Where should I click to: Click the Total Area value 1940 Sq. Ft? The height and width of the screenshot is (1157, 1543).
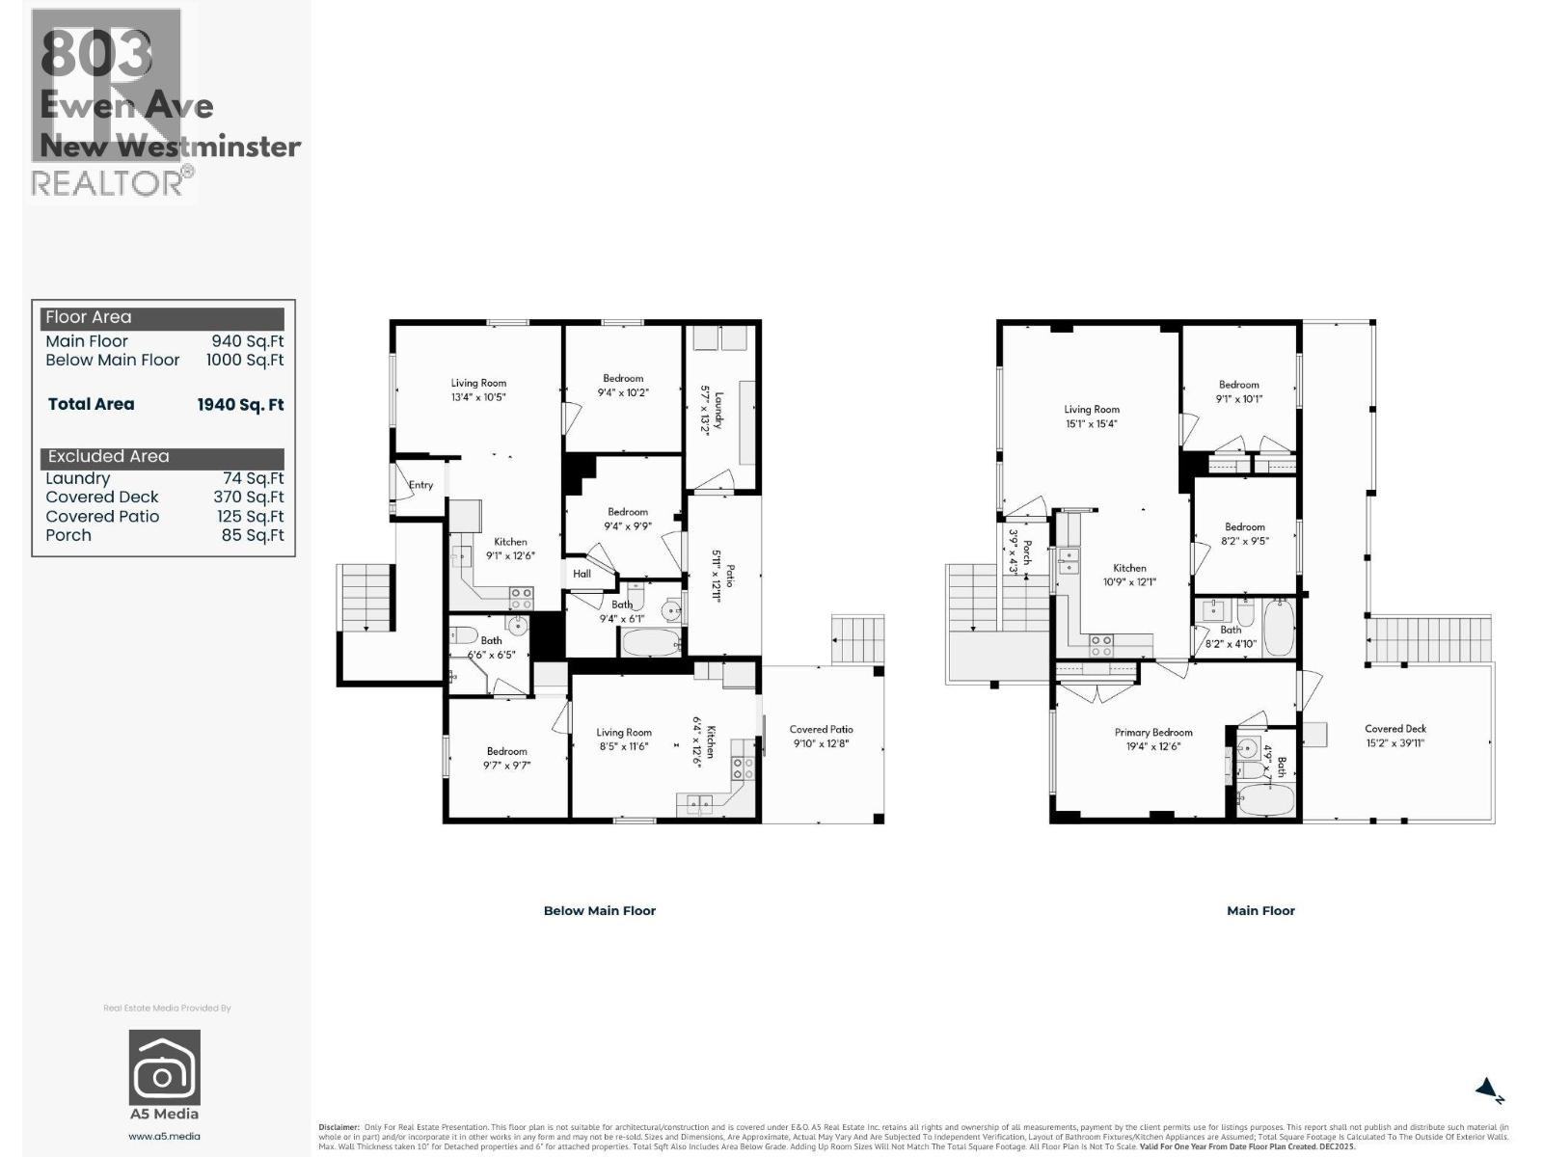(x=240, y=405)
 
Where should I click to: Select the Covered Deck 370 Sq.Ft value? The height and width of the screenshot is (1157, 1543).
(x=249, y=498)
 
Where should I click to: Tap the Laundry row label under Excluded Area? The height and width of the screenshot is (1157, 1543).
(x=78, y=478)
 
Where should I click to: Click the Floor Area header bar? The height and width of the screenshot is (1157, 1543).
(x=162, y=317)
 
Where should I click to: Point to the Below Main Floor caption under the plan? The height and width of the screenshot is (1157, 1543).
(x=599, y=910)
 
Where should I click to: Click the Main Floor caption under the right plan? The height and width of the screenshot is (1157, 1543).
(x=1260, y=910)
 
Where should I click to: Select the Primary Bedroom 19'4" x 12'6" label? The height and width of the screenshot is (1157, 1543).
(x=1153, y=740)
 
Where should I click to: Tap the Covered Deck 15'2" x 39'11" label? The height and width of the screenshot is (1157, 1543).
(x=1394, y=736)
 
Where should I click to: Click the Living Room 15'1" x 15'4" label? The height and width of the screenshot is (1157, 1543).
(x=1092, y=417)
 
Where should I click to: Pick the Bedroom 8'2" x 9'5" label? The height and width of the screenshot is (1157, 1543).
(x=1244, y=534)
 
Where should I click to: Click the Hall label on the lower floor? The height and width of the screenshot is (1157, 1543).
(x=582, y=574)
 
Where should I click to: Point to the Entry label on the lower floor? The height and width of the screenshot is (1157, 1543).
(x=420, y=485)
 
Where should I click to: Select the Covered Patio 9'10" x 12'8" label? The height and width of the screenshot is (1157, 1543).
(x=821, y=737)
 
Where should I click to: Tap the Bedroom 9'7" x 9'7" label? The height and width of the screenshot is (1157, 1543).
(x=506, y=758)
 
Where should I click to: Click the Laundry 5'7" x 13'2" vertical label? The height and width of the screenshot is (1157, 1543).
(x=711, y=411)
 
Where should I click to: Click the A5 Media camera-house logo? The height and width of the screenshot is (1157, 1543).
(x=165, y=1067)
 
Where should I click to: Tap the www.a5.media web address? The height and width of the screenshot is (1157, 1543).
(x=165, y=1136)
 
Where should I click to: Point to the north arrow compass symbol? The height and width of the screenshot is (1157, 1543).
(x=1489, y=1090)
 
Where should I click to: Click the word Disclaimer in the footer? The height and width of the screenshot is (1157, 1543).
(x=338, y=1127)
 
